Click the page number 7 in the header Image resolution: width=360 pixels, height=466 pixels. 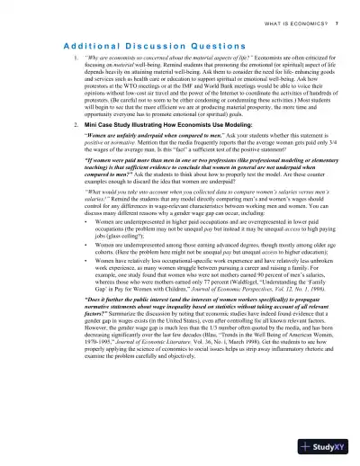point(337,21)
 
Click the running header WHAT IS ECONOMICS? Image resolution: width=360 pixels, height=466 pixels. point(285,21)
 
